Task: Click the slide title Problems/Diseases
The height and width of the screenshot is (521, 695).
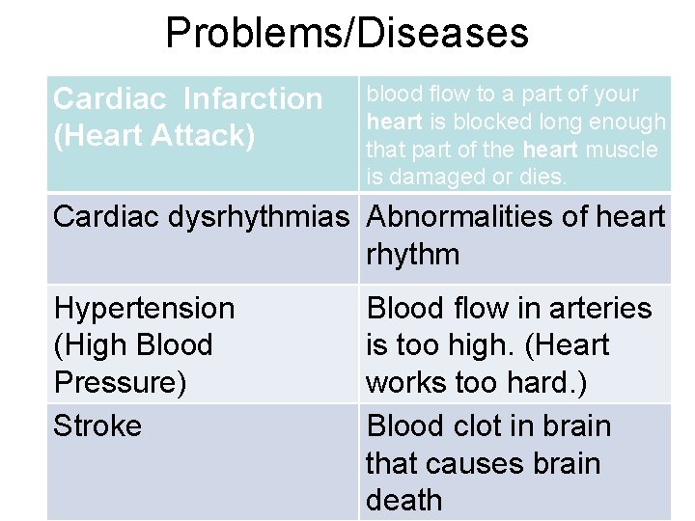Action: click(x=347, y=33)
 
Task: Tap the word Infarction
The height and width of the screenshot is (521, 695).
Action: click(x=253, y=98)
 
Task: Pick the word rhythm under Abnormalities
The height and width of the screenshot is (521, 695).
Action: click(x=412, y=256)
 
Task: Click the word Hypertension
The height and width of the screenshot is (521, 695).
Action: click(x=144, y=309)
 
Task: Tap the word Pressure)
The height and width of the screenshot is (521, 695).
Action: click(x=120, y=383)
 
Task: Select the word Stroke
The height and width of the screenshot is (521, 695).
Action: click(x=97, y=425)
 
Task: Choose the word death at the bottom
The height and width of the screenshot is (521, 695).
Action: click(x=403, y=501)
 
